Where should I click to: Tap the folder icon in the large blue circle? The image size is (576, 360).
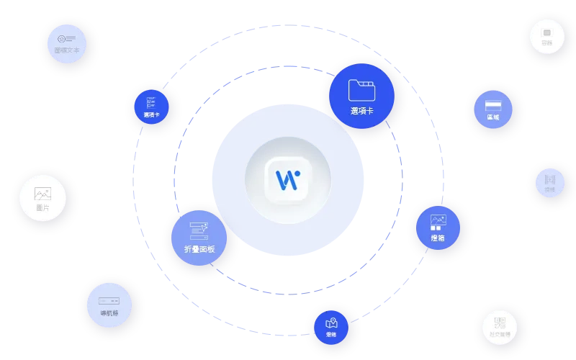point(361,90)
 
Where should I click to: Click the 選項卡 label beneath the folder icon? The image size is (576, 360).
point(361,111)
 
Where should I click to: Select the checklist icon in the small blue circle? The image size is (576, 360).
point(152,102)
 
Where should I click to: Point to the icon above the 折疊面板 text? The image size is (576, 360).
point(199,230)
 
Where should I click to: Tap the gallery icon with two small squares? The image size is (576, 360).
point(438,222)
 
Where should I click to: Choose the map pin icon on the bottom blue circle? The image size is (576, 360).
point(331,323)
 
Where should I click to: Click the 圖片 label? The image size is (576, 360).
point(43,207)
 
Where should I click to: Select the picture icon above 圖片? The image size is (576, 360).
point(43,194)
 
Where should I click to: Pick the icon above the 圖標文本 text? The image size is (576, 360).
point(67,38)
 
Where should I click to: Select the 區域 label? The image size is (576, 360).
point(493,117)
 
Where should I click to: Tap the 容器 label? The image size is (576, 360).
point(547,42)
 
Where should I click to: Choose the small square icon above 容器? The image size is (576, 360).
point(547,32)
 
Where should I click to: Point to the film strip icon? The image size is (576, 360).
point(550,179)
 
